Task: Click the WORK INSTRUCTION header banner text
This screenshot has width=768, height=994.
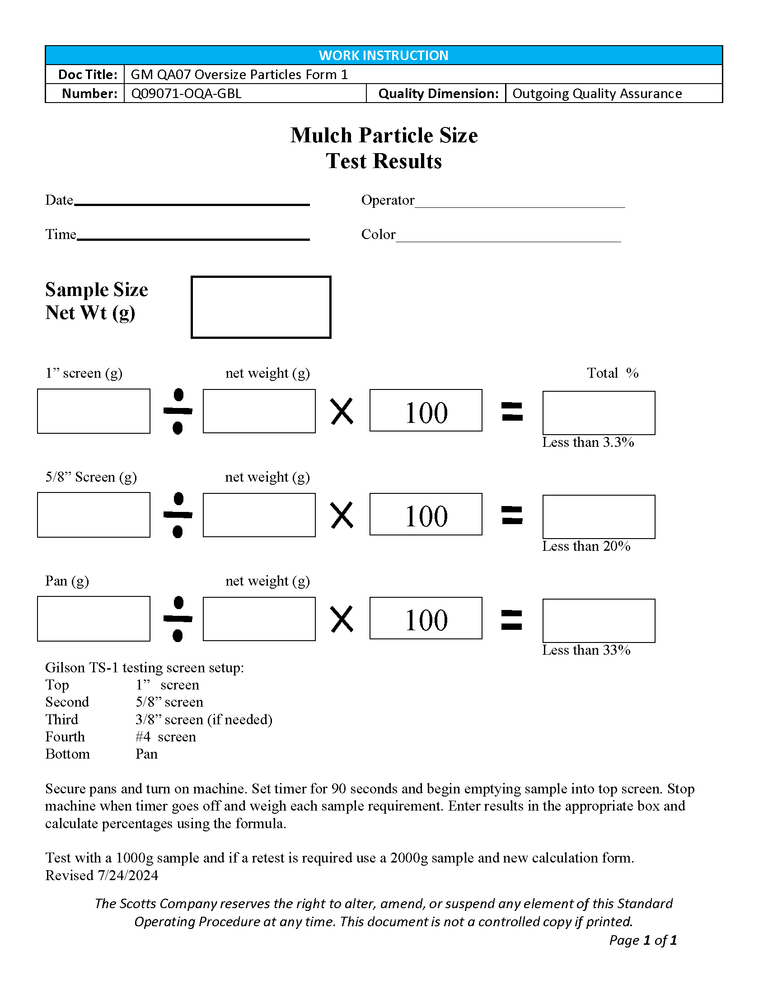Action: point(384,55)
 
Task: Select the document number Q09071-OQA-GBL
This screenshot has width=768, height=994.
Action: point(186,94)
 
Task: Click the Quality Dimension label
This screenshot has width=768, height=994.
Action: point(438,94)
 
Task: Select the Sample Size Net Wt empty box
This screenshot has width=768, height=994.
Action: point(261,307)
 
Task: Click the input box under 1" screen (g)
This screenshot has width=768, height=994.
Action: point(94,411)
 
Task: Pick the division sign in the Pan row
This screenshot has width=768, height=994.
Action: point(178,619)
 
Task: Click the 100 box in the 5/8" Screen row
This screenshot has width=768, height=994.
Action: point(426,514)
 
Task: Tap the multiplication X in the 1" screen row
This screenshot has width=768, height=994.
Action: point(342,412)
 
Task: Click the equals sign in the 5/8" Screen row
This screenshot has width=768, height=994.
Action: point(512,515)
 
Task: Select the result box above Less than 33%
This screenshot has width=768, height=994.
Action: point(599,621)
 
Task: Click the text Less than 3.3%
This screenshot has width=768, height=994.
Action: point(588,442)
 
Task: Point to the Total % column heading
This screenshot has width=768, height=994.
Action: point(613,373)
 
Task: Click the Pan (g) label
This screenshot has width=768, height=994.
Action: point(67,581)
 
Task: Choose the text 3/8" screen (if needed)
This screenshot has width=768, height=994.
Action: point(204,720)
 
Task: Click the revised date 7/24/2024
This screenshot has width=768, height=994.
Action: point(128,875)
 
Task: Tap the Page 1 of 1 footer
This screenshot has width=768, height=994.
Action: point(643,940)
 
